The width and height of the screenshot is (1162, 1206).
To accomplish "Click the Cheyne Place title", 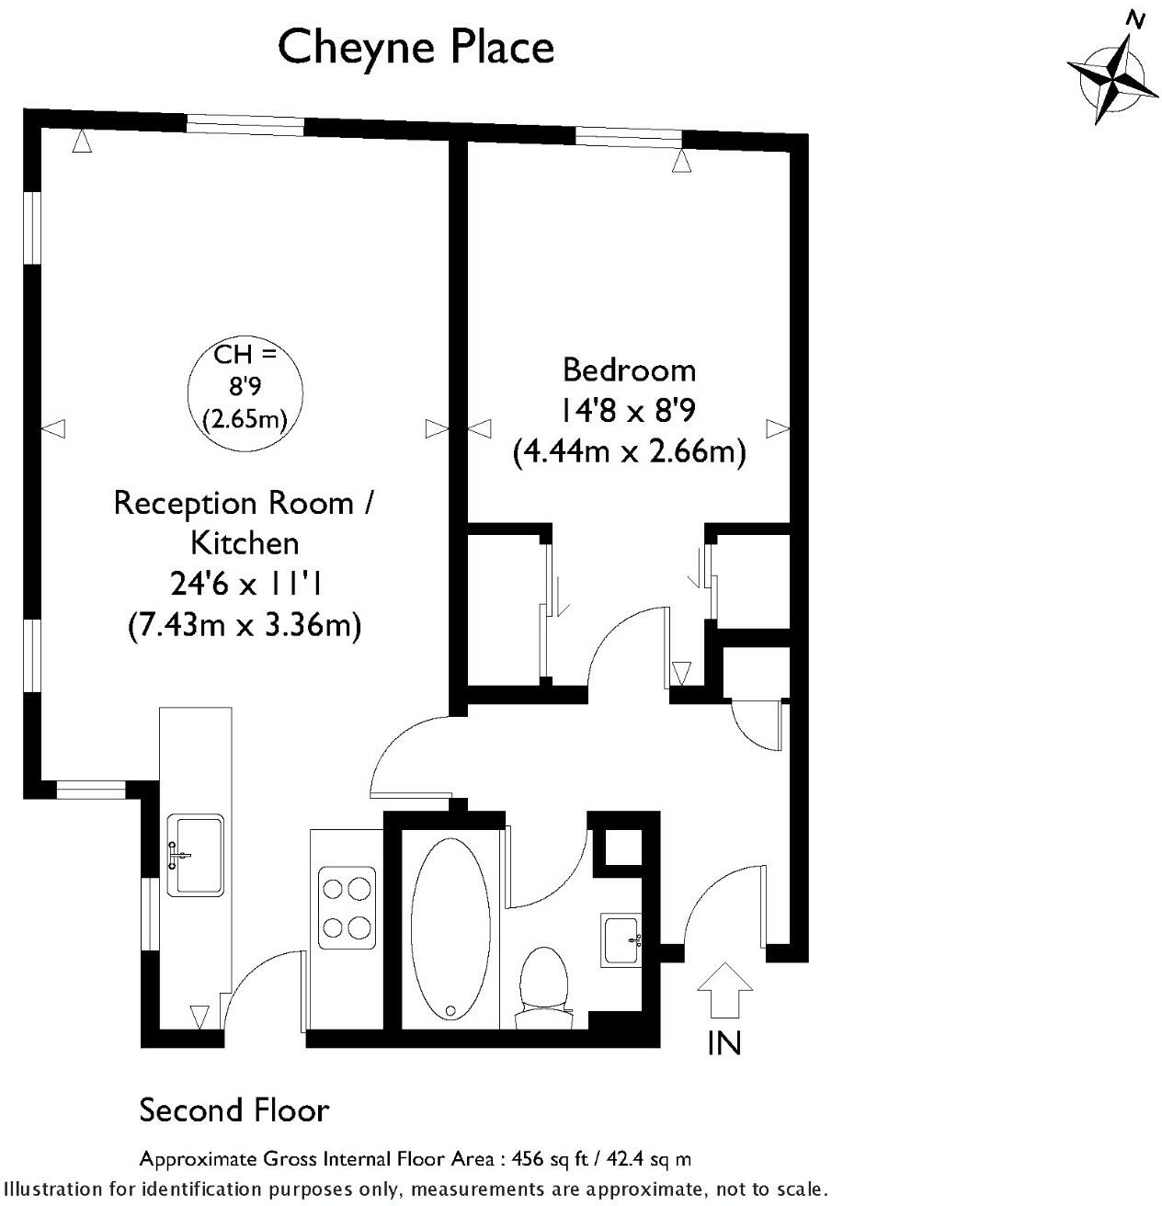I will point(416,47).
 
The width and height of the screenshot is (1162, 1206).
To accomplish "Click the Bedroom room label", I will point(629,370).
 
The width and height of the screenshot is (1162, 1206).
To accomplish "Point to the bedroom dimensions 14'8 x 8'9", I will point(629,411).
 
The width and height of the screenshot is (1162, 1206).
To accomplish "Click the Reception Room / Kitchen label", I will point(245,522).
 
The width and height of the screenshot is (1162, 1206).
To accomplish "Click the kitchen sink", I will point(198,854).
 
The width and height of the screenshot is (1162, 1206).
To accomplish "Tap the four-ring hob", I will point(347,907).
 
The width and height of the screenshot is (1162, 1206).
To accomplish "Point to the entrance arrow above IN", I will point(724,990).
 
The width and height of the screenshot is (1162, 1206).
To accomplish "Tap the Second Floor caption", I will point(234,1110).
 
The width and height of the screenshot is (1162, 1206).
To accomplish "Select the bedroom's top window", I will point(629,138).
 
